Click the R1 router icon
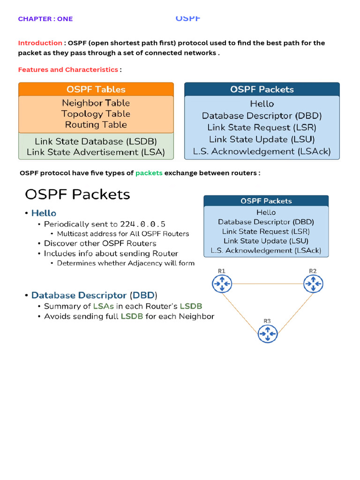point(221,284)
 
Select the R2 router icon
point(313,284)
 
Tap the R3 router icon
point(267,334)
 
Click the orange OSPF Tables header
point(96,89)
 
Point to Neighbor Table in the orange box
point(96,103)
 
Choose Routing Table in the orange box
point(96,125)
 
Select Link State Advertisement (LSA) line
point(96,152)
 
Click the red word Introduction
point(40,43)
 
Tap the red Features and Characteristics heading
point(68,70)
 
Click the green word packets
point(149,173)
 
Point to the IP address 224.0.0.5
point(142,224)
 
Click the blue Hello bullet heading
point(44,213)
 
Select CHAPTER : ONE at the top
point(45,19)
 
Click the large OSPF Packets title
point(77,194)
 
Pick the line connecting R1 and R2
point(267,284)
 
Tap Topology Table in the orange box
point(96,114)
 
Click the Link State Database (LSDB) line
point(96,141)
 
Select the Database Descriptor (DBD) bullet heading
point(94,295)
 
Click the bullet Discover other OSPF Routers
point(100,243)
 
